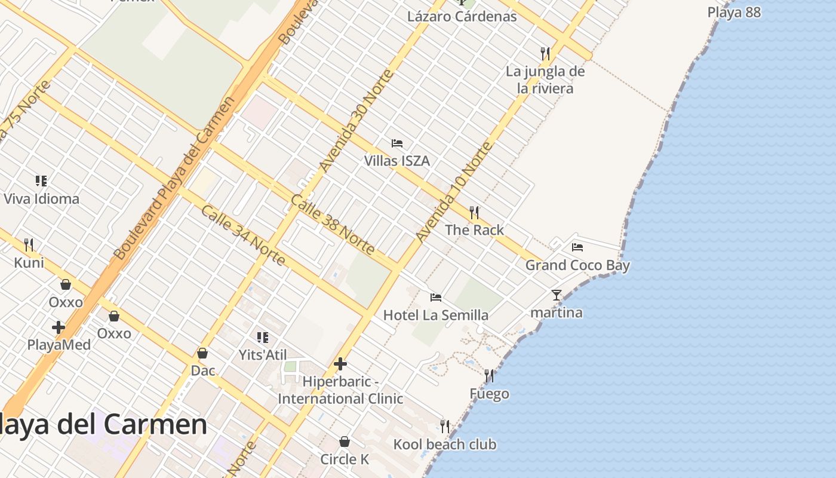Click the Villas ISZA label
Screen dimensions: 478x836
397,161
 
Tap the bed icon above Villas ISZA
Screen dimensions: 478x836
397,143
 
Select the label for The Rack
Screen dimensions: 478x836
474,230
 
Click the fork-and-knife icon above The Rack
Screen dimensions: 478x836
474,212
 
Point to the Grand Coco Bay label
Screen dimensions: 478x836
577,265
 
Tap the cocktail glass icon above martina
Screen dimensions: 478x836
557,295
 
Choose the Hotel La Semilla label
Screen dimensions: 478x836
436,315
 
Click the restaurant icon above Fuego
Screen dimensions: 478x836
489,376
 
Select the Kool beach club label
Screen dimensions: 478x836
445,445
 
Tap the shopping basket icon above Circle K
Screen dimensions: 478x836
345,442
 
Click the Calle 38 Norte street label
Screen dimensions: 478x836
332,224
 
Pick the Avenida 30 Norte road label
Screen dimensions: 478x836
356,121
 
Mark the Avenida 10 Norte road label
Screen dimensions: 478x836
454,192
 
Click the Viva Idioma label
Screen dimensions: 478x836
42,198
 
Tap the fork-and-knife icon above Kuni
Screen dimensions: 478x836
29,244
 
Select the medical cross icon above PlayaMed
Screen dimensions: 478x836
59,327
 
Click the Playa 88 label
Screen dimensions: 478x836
734,12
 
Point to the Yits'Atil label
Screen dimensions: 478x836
263,355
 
